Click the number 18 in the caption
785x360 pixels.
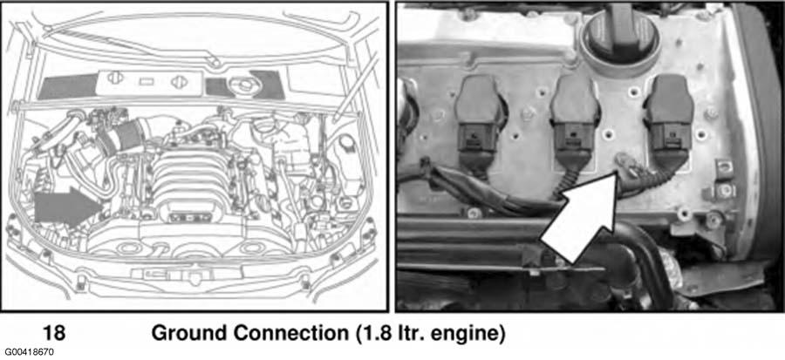[x=54, y=334]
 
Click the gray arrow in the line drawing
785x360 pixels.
[x=68, y=207]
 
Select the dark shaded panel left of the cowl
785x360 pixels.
[x=66, y=88]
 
